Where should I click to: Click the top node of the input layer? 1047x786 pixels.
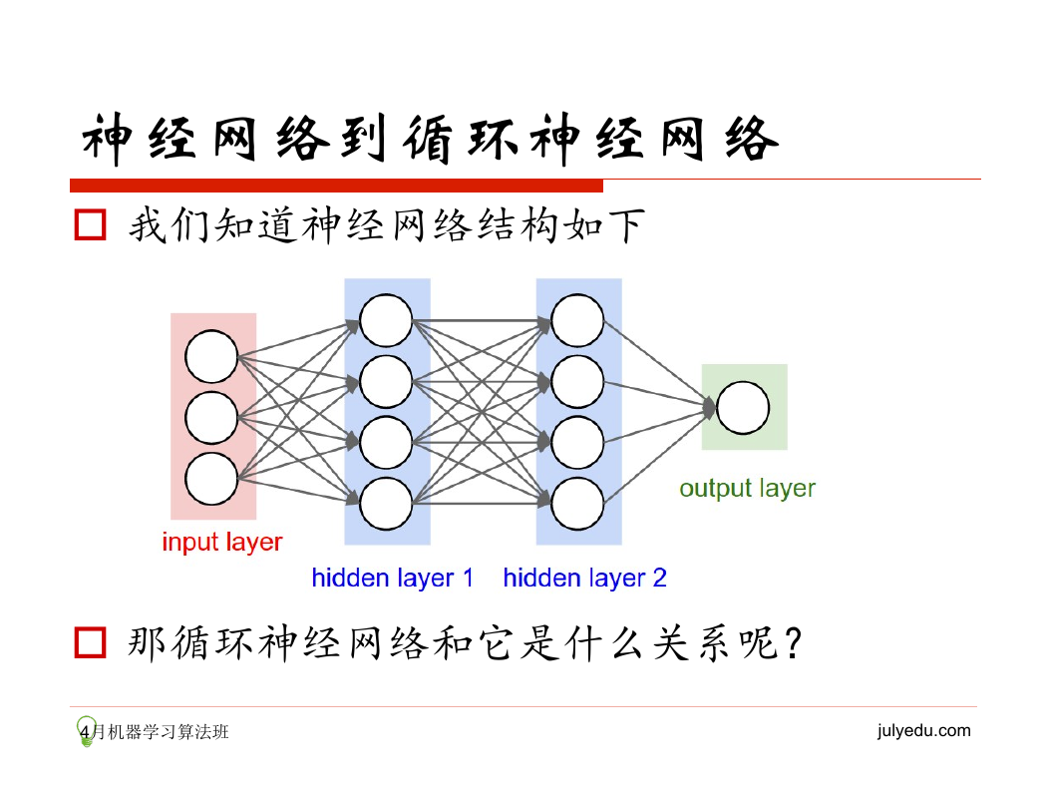[x=211, y=357]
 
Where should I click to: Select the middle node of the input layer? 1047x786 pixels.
[x=211, y=418]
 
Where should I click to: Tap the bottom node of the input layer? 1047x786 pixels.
[x=211, y=479]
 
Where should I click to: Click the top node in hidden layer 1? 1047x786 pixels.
[x=386, y=320]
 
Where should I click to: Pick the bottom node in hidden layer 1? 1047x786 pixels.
[x=386, y=504]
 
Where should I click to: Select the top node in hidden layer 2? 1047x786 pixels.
[x=577, y=320]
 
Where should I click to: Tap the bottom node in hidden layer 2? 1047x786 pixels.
[x=577, y=504]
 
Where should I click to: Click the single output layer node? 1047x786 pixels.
[x=743, y=407]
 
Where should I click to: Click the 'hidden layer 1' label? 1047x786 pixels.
[x=393, y=579]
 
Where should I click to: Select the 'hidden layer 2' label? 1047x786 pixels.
[x=585, y=579]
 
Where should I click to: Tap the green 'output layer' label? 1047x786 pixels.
[x=747, y=489]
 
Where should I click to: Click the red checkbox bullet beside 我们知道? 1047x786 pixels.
[x=90, y=224]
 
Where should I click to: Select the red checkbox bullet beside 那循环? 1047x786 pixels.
[x=90, y=642]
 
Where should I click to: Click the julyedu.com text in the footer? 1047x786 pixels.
[x=924, y=730]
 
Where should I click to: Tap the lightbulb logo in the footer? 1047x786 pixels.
[x=86, y=731]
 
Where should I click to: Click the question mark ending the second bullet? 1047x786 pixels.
[x=793, y=643]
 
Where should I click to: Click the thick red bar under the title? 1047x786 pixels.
[x=337, y=186]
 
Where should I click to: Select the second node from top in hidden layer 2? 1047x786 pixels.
[x=577, y=381]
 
